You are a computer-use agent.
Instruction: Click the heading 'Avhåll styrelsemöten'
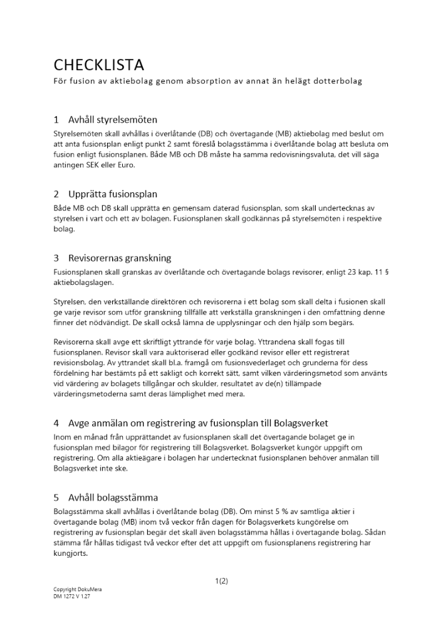[113, 120]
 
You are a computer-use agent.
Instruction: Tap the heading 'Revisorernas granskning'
[120, 258]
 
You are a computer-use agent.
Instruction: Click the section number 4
[56, 423]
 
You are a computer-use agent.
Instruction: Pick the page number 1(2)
[221, 581]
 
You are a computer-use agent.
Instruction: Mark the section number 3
[56, 258]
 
